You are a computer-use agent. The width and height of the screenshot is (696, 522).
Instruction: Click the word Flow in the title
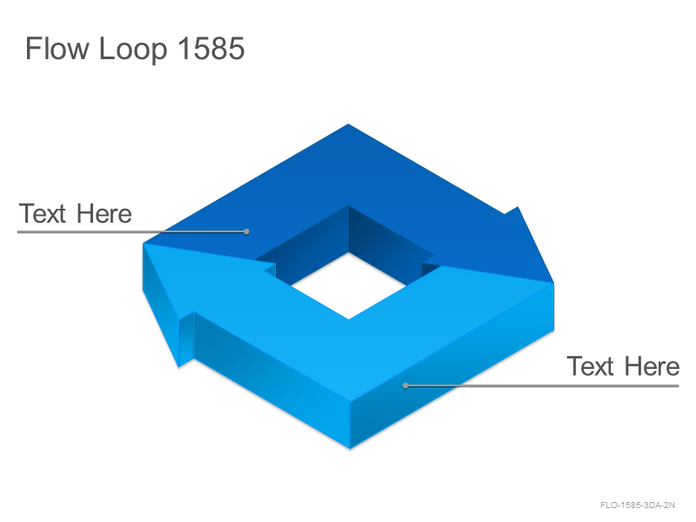click(57, 48)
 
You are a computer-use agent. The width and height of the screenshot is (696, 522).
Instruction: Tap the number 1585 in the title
click(211, 48)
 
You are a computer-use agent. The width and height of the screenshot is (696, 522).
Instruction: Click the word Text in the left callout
click(42, 213)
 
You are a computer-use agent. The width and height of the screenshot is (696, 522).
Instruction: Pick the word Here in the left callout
click(104, 213)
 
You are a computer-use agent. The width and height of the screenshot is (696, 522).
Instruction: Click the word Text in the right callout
click(591, 366)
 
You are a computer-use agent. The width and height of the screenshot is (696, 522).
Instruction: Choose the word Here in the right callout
click(652, 366)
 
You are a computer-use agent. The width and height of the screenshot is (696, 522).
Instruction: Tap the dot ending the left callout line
click(246, 231)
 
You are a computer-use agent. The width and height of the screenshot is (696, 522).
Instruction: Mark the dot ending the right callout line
click(405, 385)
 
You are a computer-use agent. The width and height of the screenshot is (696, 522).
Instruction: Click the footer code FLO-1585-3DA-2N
click(638, 505)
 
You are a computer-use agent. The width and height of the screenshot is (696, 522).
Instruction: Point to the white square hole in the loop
click(349, 286)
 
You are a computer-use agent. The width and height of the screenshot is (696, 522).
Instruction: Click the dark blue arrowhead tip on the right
click(553, 282)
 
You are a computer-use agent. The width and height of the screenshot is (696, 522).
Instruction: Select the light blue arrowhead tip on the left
click(144, 244)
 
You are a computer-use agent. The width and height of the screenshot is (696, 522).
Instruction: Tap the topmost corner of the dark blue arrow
click(349, 124)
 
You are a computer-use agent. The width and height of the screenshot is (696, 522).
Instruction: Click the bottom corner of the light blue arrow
click(350, 449)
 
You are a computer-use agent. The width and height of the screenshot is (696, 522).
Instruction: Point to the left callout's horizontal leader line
click(132, 231)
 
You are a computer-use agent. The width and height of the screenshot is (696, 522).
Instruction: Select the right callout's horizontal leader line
click(542, 385)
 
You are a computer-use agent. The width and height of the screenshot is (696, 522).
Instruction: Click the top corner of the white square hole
click(349, 252)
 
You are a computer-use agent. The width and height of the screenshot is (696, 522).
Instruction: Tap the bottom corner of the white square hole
click(349, 318)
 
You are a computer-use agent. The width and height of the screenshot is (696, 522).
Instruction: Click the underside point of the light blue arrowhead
click(178, 366)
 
